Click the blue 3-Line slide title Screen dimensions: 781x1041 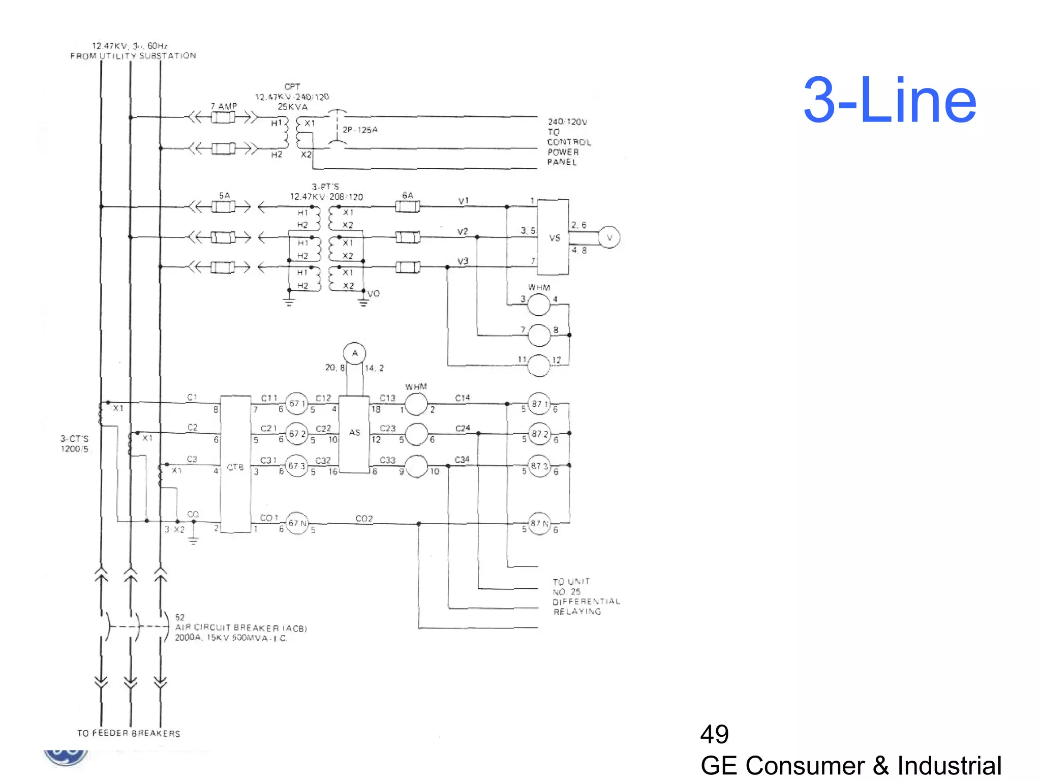(890, 100)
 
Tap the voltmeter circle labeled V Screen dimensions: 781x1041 (609, 237)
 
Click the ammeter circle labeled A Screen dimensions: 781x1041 (354, 353)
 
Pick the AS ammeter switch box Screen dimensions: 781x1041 (354, 433)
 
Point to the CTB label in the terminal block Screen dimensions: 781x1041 (235, 467)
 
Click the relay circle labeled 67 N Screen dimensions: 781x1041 (297, 523)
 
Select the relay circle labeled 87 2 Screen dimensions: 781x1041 (539, 434)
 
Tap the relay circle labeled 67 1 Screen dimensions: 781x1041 (296, 404)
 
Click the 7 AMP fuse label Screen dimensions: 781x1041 (224, 106)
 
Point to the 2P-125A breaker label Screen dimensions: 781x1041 (360, 130)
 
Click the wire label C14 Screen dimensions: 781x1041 (462, 398)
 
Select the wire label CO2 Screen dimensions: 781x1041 (364, 519)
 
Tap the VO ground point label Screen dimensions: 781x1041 (374, 294)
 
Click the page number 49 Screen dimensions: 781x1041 (714, 734)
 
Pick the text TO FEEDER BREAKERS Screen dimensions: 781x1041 (129, 733)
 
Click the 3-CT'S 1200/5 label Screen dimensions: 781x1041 (75, 443)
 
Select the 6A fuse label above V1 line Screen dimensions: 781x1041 (408, 196)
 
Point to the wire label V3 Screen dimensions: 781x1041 (463, 261)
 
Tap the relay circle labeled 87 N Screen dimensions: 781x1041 (539, 523)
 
